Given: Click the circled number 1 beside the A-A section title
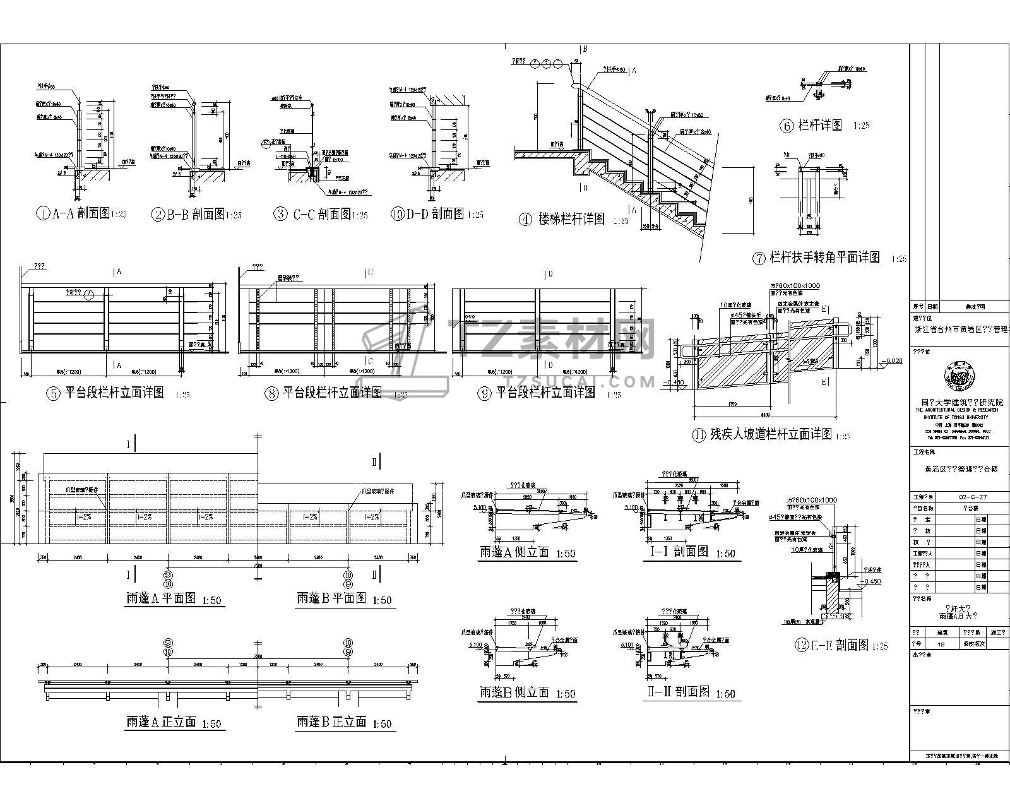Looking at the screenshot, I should [x=42, y=214].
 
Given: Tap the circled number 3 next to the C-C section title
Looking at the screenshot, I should [x=280, y=214].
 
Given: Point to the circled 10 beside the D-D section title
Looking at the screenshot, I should [x=396, y=214].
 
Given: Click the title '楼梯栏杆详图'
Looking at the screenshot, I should [x=571, y=220].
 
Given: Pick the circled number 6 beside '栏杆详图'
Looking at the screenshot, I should [x=787, y=126].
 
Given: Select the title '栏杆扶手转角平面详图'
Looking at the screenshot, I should [x=824, y=258].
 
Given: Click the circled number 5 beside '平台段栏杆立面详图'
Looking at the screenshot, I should [x=53, y=393].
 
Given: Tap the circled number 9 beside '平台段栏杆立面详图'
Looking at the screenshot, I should [x=485, y=393].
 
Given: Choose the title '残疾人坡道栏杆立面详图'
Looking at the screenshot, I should [x=771, y=434].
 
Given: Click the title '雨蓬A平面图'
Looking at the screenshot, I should [x=162, y=598].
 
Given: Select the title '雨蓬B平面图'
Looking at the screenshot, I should [x=331, y=598].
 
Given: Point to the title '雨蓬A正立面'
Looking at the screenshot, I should [x=162, y=722].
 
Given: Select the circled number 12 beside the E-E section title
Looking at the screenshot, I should [x=802, y=645].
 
